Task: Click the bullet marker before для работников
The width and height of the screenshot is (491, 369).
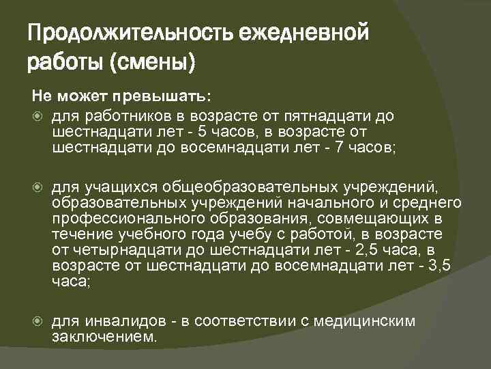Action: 38,117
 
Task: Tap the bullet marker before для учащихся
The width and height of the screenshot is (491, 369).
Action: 38,187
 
